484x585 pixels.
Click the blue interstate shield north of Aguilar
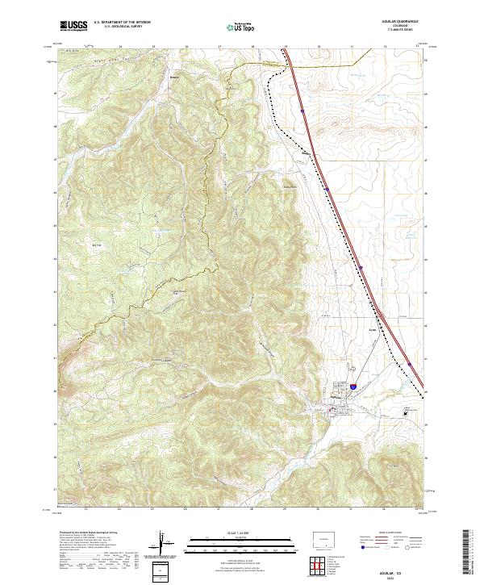coord(353,387)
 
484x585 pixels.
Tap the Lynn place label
coord(349,329)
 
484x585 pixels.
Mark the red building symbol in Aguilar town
coord(338,410)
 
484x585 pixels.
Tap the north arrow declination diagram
coord(166,545)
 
